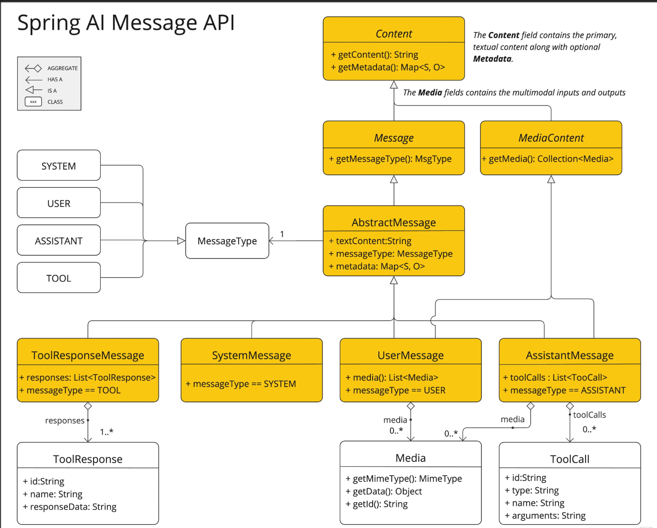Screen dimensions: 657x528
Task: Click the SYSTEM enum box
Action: click(59, 165)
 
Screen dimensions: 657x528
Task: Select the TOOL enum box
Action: click(59, 278)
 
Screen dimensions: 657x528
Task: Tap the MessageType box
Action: click(227, 241)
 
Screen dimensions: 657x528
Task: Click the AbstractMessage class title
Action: click(394, 222)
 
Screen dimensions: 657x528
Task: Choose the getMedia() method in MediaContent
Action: click(548, 159)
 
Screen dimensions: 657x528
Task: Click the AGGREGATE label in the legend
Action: click(63, 68)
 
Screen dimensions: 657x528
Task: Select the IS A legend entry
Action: click(41, 91)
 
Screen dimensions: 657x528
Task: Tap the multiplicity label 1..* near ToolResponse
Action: click(106, 432)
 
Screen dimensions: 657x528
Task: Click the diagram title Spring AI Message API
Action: click(126, 23)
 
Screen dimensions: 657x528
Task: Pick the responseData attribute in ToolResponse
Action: click(70, 507)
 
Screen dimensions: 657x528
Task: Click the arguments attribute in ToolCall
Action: click(545, 516)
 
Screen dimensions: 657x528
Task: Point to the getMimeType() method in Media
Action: click(404, 478)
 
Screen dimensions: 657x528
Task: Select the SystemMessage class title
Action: click(252, 355)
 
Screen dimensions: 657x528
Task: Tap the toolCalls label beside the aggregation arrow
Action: click(590, 415)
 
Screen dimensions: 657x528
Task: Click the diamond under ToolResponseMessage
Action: click(88, 406)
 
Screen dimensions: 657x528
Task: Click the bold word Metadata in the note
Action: click(492, 59)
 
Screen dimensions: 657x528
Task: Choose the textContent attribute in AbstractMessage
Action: click(370, 241)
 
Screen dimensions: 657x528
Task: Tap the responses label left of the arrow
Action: click(65, 421)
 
